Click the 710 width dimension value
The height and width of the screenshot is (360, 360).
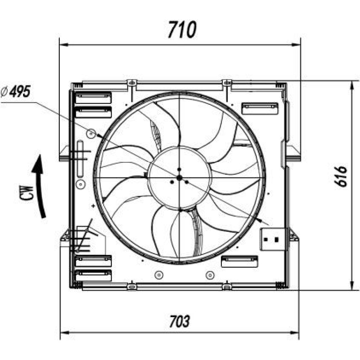coord(182,30)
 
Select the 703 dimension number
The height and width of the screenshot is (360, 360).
coord(180,321)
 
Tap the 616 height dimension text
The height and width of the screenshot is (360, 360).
coord(340,176)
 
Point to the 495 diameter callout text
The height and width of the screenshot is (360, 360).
coord(20,91)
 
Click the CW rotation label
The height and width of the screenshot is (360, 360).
coord(27,193)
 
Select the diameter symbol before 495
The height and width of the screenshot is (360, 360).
coord(4,92)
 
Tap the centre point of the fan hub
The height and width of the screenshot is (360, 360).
coord(180,177)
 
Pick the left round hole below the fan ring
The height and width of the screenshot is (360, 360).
coord(159,275)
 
